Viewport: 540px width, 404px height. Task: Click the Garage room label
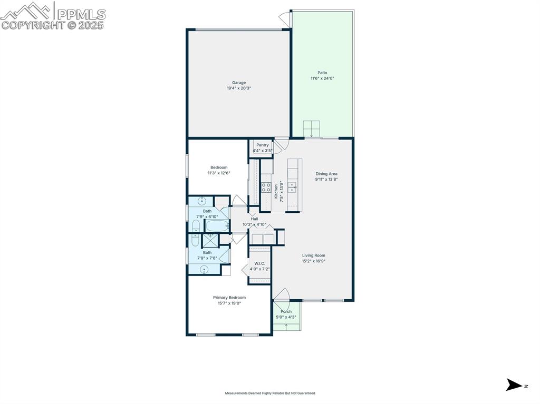click(239, 83)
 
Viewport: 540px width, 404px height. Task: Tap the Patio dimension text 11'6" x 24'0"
click(322, 78)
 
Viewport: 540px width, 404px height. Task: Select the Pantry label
click(262, 145)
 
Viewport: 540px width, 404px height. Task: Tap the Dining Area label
click(326, 174)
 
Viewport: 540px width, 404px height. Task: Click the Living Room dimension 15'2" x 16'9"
click(313, 261)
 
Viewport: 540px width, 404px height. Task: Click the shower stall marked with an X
click(210, 240)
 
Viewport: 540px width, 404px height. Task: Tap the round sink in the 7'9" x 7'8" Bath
click(205, 270)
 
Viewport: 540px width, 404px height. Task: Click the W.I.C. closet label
click(259, 263)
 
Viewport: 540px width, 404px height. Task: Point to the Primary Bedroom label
click(229, 298)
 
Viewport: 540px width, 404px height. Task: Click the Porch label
click(286, 311)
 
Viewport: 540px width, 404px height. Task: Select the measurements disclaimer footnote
click(270, 393)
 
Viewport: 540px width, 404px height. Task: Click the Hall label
click(254, 219)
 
